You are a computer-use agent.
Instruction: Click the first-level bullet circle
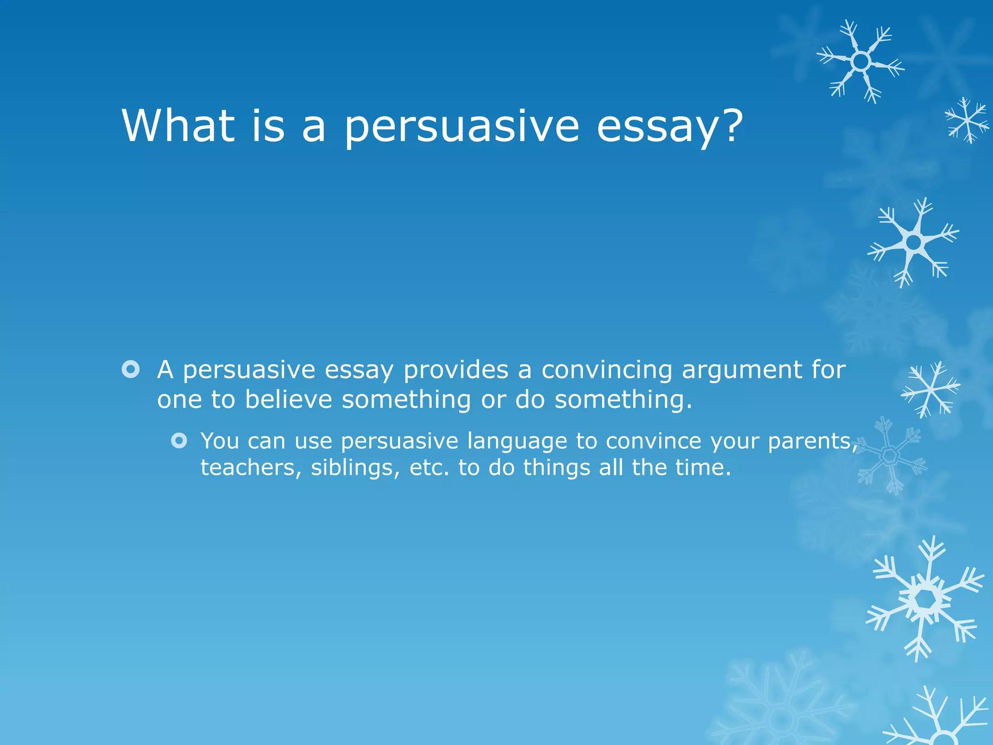pos(131,370)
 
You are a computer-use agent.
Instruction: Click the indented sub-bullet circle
pos(179,441)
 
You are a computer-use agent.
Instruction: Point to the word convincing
pos(607,370)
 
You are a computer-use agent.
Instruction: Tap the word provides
pos(456,371)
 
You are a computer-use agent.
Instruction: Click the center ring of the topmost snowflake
pos(861,62)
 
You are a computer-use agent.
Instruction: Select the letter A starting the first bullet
pos(165,370)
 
